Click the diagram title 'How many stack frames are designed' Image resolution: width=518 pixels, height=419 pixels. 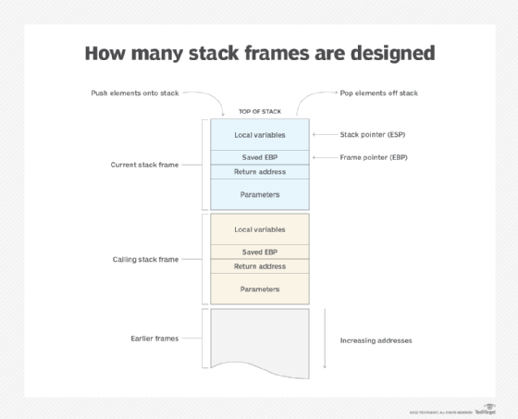259,53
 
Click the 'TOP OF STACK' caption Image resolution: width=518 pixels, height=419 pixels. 259,111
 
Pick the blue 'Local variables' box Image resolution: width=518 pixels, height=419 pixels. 259,134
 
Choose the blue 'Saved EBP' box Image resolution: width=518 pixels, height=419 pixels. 259,157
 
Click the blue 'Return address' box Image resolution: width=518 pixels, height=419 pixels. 259,171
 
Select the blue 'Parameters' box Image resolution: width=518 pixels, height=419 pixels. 259,194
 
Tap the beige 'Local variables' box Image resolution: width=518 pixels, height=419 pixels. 259,228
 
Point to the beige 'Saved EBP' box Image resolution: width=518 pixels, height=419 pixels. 259,252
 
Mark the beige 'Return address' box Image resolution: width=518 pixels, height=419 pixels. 259,266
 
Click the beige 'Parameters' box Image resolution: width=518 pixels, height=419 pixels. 259,289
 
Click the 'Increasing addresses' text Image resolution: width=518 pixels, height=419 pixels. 376,340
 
